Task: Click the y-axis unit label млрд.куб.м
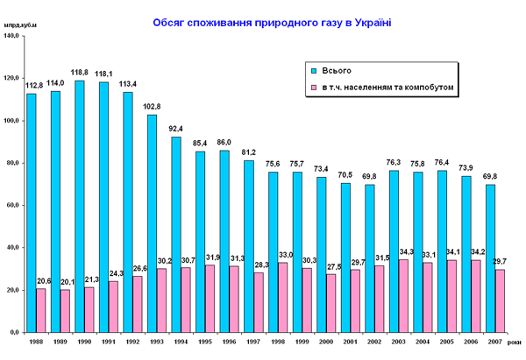(x=20, y=34)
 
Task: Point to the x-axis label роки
(x=515, y=342)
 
